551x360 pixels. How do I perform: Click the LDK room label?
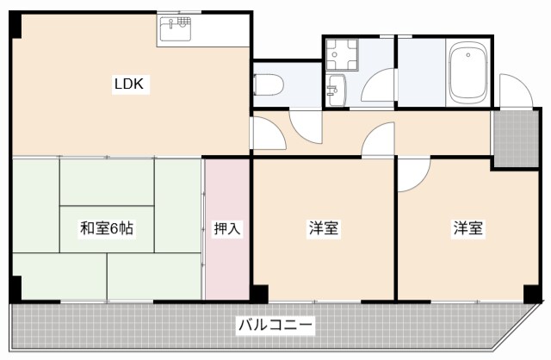click(131, 84)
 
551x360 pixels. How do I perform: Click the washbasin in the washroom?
click(335, 88)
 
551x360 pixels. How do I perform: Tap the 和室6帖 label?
click(106, 229)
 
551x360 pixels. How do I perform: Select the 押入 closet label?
click(227, 229)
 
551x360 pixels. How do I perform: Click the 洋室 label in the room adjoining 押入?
click(323, 229)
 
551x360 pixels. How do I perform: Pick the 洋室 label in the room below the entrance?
click(468, 229)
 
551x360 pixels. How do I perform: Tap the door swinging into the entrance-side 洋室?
click(412, 175)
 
